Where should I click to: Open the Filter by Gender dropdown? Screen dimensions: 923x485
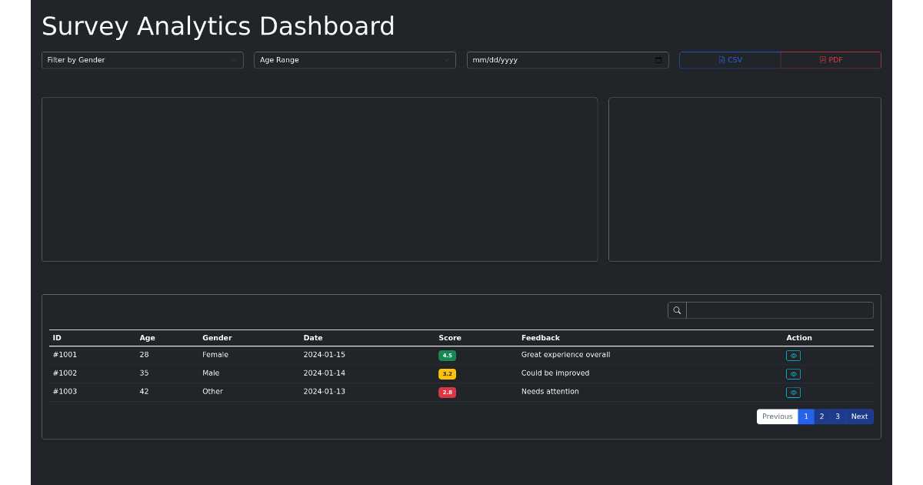click(142, 60)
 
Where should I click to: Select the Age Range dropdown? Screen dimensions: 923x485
click(355, 60)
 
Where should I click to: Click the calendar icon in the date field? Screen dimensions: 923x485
click(658, 60)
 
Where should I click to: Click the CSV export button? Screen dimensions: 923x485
click(730, 60)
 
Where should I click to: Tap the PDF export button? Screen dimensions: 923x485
click(831, 60)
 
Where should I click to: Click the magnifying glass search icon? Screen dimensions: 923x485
click(677, 310)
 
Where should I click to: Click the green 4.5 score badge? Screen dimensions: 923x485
click(447, 356)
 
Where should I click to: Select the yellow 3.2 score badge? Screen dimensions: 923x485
click(447, 374)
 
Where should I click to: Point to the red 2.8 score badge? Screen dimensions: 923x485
click(447, 392)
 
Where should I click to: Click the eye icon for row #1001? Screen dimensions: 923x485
click(793, 356)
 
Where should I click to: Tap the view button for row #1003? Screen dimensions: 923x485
click(793, 392)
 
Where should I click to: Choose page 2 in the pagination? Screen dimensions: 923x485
click(821, 416)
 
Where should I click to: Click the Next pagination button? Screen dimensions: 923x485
click(860, 416)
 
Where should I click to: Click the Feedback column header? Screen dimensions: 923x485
click(541, 338)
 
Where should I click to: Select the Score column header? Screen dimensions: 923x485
click(450, 338)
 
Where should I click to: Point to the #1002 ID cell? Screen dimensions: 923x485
click(65, 373)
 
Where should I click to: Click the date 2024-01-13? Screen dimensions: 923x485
click(325, 391)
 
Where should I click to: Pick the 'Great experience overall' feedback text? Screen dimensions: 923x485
click(566, 355)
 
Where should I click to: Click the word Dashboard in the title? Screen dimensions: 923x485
click(327, 26)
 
